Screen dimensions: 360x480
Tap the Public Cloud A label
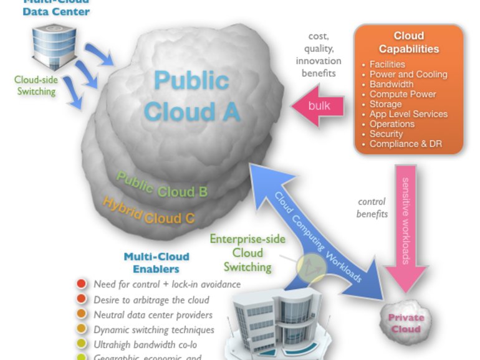point(191,96)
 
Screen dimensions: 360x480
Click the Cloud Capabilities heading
point(409,42)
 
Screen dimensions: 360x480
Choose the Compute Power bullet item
point(403,94)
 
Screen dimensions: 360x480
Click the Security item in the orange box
point(386,134)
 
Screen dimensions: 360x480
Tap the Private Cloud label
point(406,323)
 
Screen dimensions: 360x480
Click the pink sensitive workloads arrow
point(405,224)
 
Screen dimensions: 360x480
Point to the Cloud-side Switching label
point(35,85)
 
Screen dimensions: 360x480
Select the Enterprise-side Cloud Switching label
point(247,253)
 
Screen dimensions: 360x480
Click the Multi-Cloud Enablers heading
point(156,263)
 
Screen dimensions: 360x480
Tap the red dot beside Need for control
point(81,284)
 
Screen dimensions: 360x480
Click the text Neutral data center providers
point(153,315)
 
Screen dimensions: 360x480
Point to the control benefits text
point(372,208)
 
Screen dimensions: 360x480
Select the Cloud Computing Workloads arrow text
point(319,237)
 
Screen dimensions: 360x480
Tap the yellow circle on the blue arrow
point(311,267)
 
